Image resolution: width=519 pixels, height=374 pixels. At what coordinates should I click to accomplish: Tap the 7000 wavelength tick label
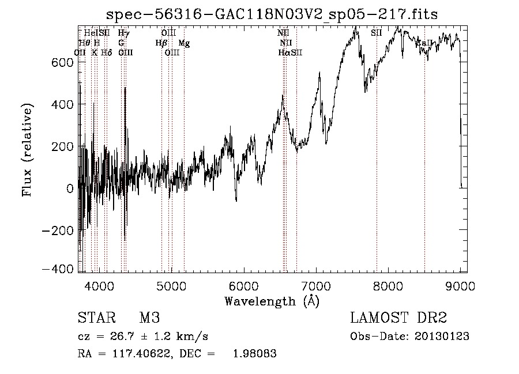tap(316, 286)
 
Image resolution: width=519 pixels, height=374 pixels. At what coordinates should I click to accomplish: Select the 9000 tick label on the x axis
tap(460, 286)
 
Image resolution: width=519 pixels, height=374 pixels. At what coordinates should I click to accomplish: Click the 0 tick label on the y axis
tap(70, 188)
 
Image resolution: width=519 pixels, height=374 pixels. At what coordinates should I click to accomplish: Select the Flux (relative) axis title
tap(28, 149)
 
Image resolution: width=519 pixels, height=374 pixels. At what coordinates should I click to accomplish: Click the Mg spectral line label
tap(184, 43)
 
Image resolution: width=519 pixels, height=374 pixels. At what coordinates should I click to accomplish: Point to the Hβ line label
tap(161, 43)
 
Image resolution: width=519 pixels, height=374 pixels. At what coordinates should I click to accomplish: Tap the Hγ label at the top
tap(123, 33)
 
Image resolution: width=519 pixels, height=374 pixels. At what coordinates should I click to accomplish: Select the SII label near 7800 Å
tap(376, 33)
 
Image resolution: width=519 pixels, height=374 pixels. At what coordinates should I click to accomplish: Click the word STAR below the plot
tap(95, 319)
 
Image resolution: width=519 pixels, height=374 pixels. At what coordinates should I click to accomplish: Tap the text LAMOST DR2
tap(398, 319)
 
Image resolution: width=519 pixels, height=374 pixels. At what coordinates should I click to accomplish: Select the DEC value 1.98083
tap(254, 354)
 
